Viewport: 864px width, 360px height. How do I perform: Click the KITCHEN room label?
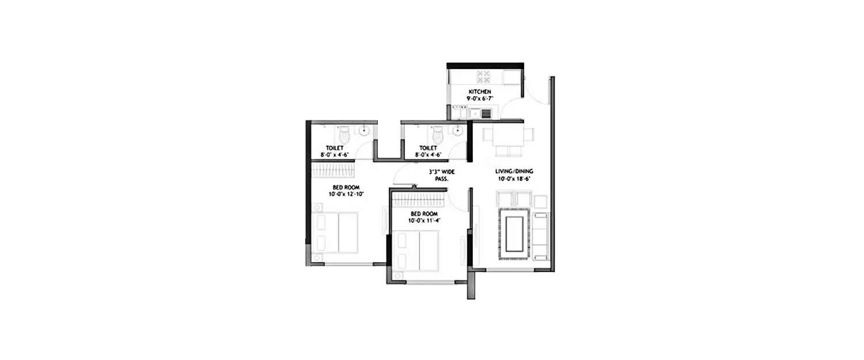tap(479, 92)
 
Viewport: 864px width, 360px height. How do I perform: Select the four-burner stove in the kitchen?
tap(483, 77)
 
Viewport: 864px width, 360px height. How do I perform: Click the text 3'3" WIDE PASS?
tap(442, 175)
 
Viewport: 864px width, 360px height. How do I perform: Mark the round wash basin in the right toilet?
tap(458, 131)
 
